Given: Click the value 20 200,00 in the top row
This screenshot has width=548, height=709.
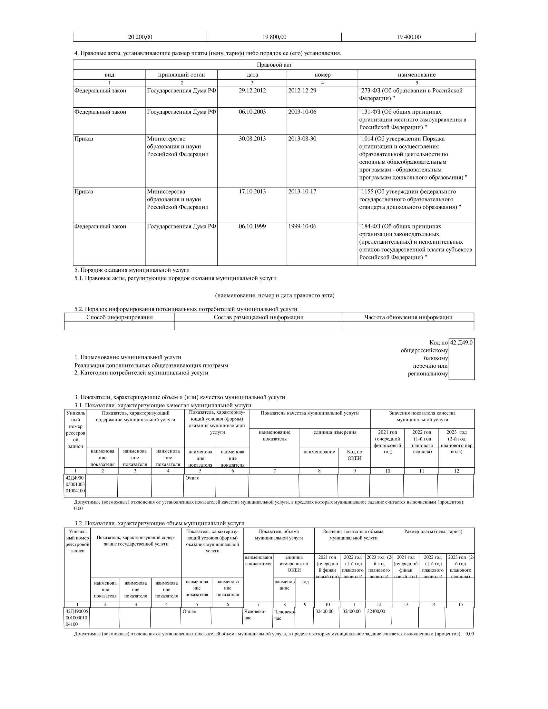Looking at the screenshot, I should click(x=140, y=37).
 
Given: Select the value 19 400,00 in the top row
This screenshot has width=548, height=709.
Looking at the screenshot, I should click(x=408, y=37).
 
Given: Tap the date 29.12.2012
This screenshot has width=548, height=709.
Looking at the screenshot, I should click(x=252, y=91).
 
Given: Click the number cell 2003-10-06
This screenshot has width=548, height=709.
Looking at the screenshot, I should click(x=302, y=112).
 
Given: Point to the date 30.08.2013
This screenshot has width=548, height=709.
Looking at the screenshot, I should click(x=252, y=139).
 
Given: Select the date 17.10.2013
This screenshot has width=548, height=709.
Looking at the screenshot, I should click(x=252, y=192).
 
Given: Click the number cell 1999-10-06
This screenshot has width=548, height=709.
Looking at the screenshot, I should click(x=302, y=227).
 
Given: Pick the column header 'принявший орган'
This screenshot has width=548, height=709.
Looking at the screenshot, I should click(x=181, y=75).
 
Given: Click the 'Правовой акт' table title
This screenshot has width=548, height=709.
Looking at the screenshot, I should click(x=274, y=65).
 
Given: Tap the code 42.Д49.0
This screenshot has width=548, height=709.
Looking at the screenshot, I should click(x=461, y=343).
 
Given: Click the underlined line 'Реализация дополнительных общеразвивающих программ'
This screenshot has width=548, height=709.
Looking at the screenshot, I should click(x=151, y=365).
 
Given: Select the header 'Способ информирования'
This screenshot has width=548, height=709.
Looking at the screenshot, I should click(x=120, y=317).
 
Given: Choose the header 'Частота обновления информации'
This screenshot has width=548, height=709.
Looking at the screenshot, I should click(x=408, y=317).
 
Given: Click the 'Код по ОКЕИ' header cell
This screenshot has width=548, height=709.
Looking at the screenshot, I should click(x=355, y=455).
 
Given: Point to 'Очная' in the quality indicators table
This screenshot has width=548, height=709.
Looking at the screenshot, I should click(x=192, y=478).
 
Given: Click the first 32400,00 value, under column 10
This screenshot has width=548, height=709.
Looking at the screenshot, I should click(x=325, y=611).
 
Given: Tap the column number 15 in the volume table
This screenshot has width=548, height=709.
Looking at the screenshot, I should click(x=460, y=605).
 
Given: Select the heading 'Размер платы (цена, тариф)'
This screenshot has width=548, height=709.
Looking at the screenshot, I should click(x=433, y=531).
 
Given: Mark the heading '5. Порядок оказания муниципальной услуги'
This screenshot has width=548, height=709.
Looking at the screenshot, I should click(x=132, y=270).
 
